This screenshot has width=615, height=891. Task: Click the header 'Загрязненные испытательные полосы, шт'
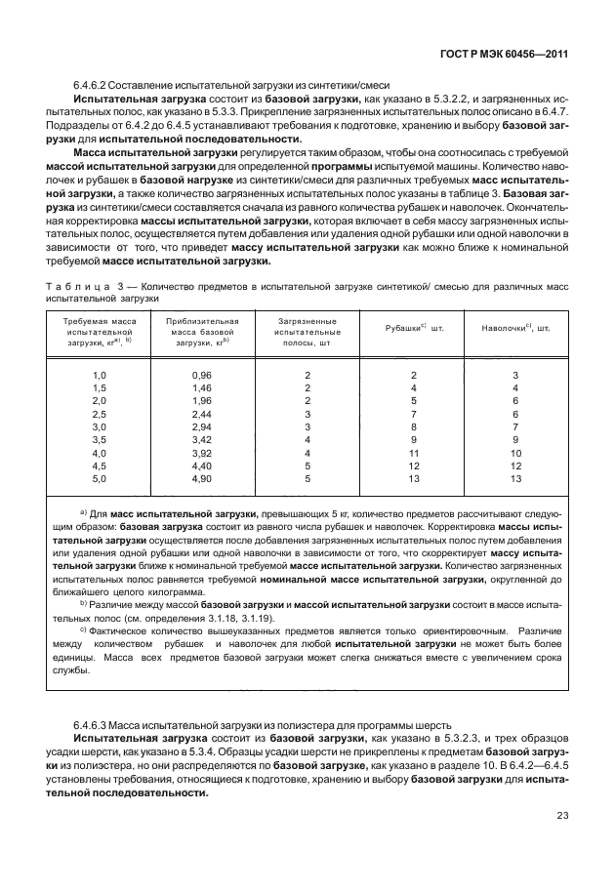(x=307, y=332)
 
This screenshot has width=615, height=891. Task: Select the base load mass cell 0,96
(x=202, y=376)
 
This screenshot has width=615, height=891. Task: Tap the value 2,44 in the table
(x=202, y=415)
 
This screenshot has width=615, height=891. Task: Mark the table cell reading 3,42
(x=202, y=440)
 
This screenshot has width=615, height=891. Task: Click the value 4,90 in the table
(x=202, y=478)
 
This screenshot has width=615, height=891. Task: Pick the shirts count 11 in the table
(x=414, y=453)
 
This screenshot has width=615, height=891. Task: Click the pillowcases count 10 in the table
(x=516, y=453)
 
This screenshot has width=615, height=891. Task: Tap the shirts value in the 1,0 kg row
(x=414, y=376)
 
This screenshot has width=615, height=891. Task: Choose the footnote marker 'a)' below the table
(x=84, y=512)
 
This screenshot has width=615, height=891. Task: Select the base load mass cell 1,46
(x=202, y=388)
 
